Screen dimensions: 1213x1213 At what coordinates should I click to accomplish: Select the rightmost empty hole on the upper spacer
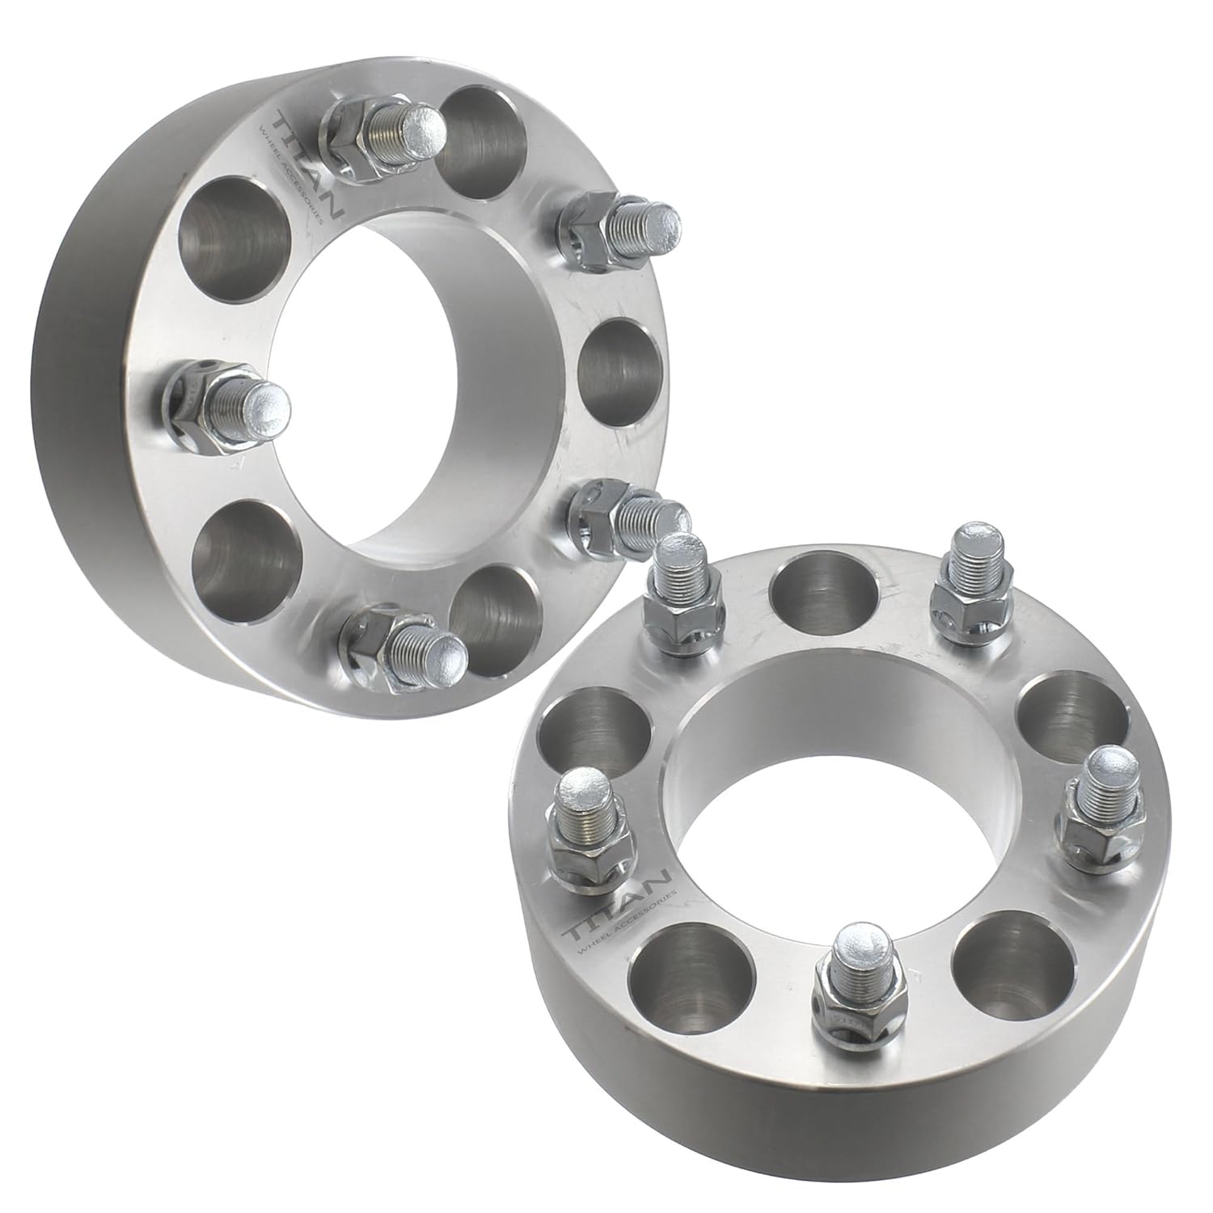pyautogui.click(x=619, y=368)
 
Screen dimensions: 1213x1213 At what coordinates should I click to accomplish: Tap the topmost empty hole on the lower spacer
pyautogui.click(x=825, y=594)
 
